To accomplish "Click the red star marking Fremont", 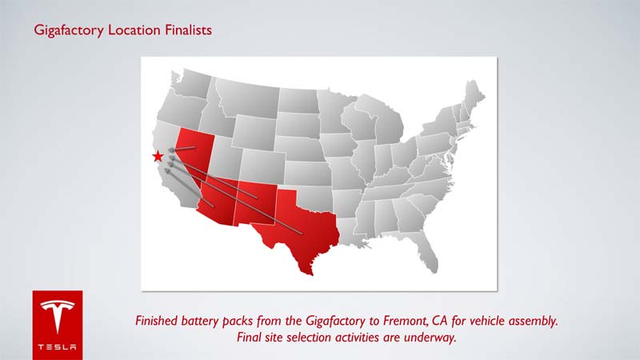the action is click(x=158, y=156).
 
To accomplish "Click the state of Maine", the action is click(x=474, y=96).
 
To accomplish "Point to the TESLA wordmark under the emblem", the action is click(x=57, y=347).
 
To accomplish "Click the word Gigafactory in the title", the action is click(x=69, y=30).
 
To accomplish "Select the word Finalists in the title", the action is click(x=188, y=30).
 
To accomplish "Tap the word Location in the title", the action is click(x=134, y=30).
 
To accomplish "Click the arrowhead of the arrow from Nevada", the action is click(x=171, y=150).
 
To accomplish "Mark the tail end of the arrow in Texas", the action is click(x=302, y=234).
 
